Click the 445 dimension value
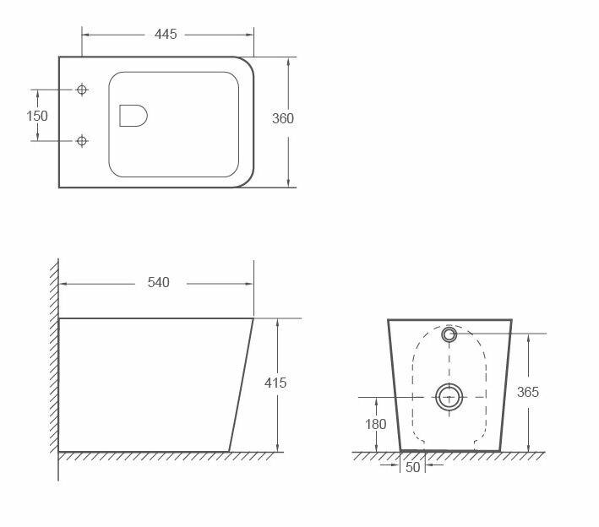pyautogui.click(x=166, y=35)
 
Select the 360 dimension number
pyautogui.click(x=283, y=118)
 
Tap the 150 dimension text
pyautogui.click(x=37, y=116)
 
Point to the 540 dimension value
pyautogui.click(x=159, y=283)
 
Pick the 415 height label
pyautogui.click(x=275, y=383)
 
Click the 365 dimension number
pyautogui.click(x=528, y=392)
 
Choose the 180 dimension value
pyautogui.click(x=375, y=424)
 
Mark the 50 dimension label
pyautogui.click(x=412, y=467)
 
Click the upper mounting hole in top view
pyautogui.click(x=82, y=90)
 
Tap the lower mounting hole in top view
pyautogui.click(x=82, y=141)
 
